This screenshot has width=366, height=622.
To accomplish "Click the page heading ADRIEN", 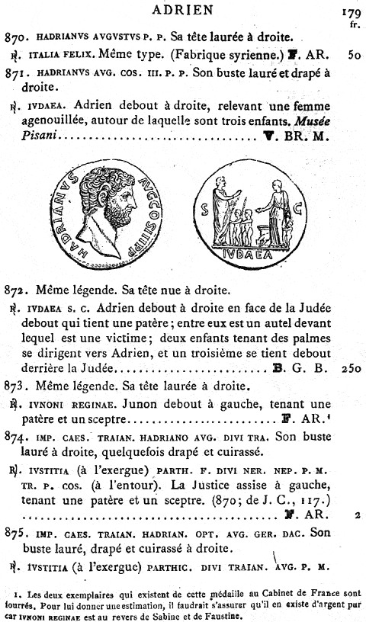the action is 183,10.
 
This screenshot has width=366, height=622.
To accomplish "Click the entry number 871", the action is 15,75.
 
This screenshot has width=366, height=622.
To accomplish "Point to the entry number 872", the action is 15,290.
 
